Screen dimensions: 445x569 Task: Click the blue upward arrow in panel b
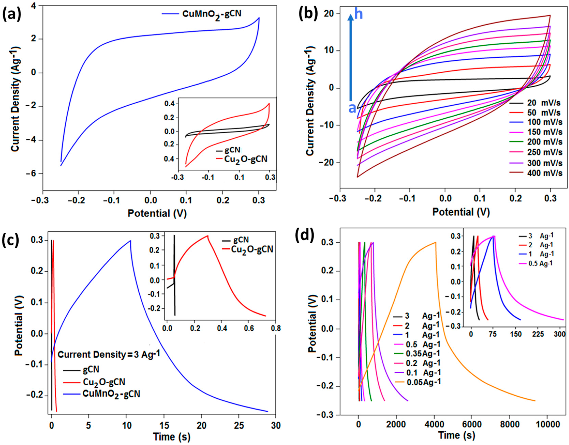pos(351,57)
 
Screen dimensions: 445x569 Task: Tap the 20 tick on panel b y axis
pos(329,13)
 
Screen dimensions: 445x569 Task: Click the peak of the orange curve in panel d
pos(435,242)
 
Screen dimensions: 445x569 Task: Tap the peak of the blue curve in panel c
pos(131,240)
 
